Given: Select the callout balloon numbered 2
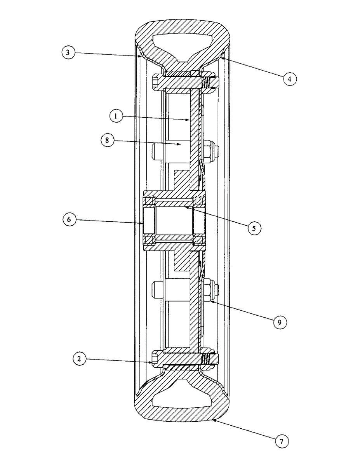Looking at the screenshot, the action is (x=79, y=359).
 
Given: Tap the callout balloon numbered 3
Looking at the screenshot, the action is (x=68, y=53).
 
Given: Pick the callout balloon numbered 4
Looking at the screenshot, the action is (x=289, y=79).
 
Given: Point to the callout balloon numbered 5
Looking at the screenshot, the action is (x=254, y=228).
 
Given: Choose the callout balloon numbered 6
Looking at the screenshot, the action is (x=69, y=219).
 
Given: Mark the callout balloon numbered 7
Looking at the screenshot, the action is (x=282, y=441).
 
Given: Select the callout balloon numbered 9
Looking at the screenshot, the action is (x=280, y=322).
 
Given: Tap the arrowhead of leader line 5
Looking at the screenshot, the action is (x=185, y=207).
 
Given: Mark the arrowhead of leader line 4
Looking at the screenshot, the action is (x=222, y=57).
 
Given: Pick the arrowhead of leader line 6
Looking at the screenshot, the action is (x=143, y=223).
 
